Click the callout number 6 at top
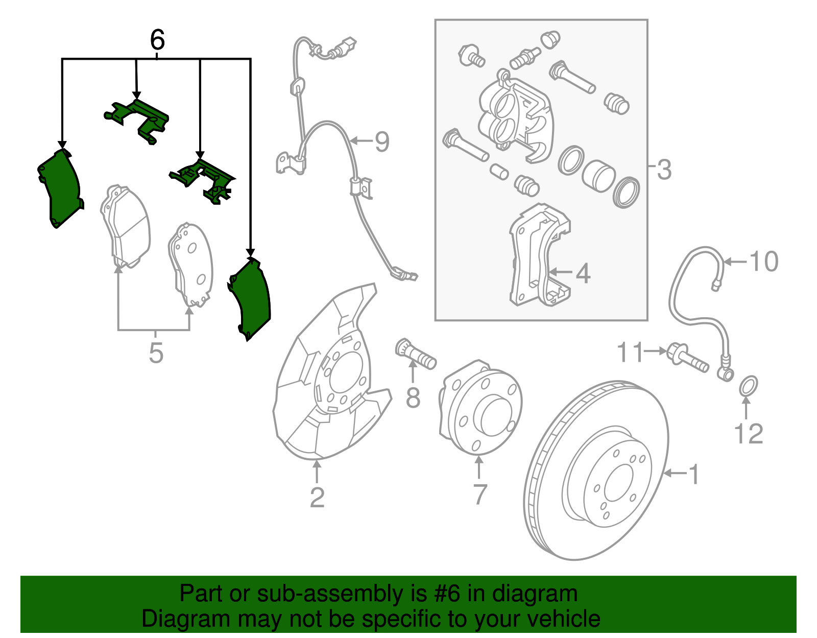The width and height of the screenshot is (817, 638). [157, 40]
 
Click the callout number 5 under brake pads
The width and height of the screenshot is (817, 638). [156, 353]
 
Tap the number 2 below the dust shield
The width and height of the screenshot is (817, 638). [317, 497]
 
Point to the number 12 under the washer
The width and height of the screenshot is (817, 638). [748, 434]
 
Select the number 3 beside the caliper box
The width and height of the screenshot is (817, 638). [664, 170]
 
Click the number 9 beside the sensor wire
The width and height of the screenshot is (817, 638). [382, 141]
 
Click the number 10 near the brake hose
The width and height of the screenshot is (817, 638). [764, 262]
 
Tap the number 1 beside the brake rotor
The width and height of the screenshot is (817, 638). [693, 474]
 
